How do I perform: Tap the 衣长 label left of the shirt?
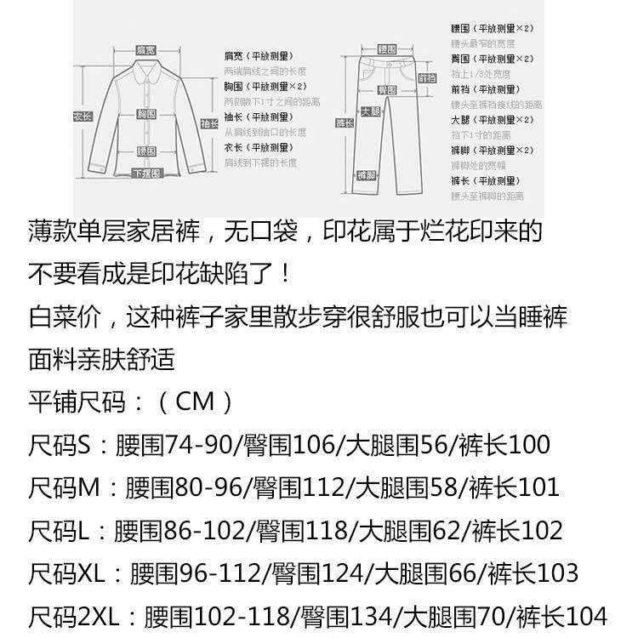pos(82,117)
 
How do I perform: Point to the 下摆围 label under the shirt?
pos(146,174)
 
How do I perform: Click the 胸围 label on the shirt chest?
pos(146,113)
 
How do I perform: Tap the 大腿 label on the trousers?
pos(370,111)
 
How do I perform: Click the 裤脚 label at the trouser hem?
pos(367,175)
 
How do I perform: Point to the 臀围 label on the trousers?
pos(387,88)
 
